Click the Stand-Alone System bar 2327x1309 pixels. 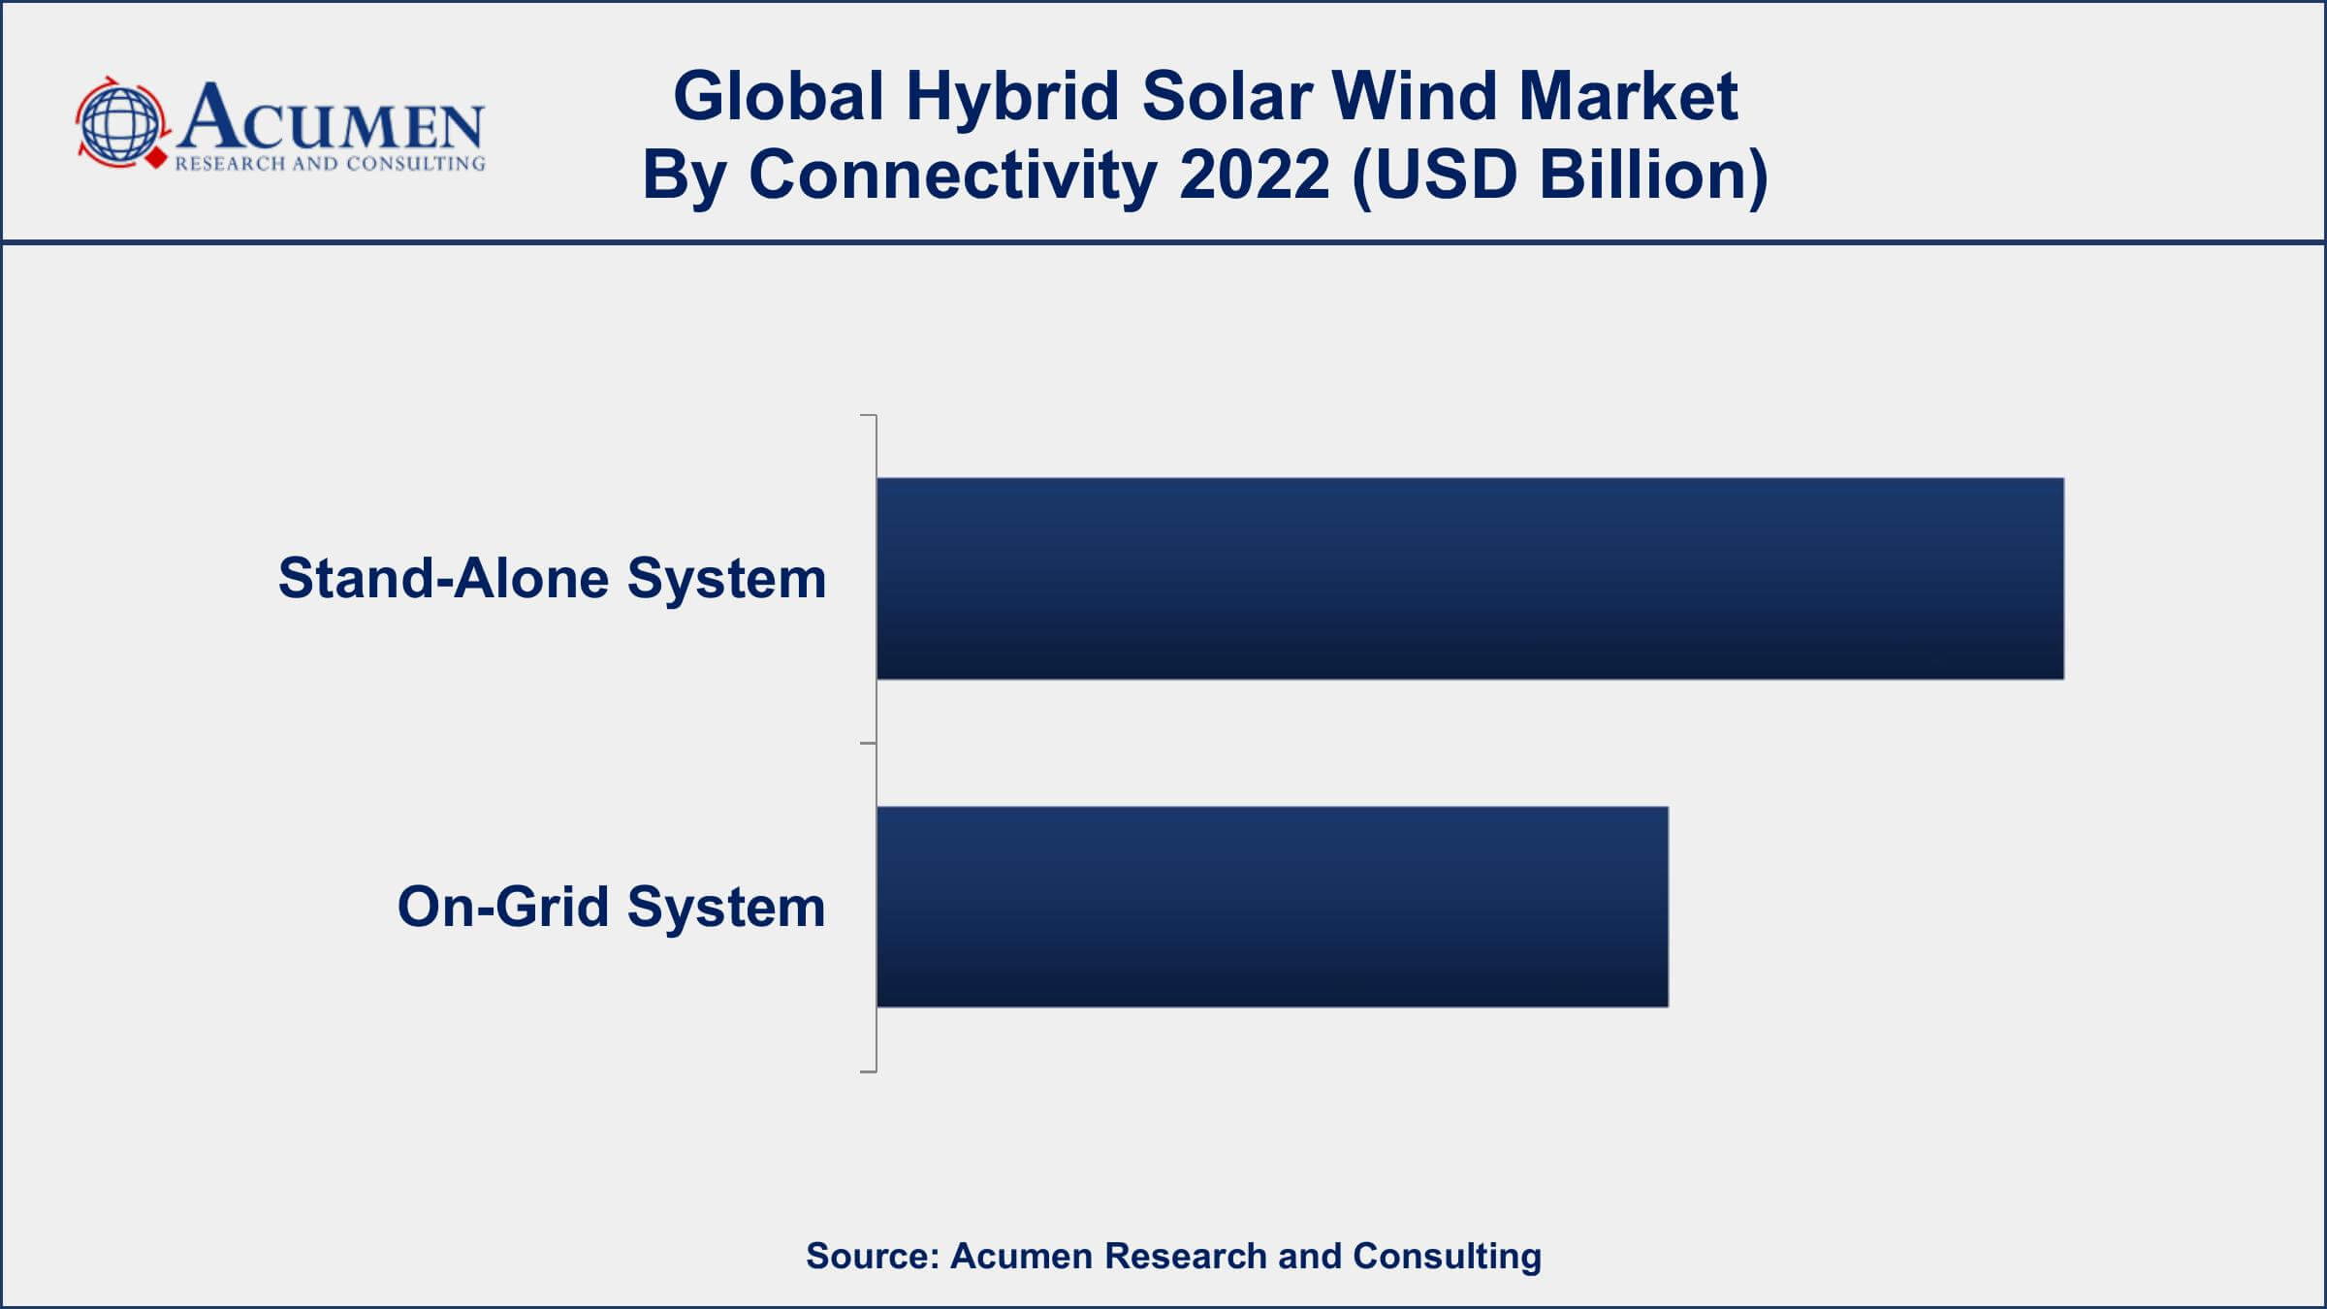pyautogui.click(x=1470, y=578)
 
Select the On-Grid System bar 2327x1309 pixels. pyautogui.click(x=1272, y=907)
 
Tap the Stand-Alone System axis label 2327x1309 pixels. pyautogui.click(x=552, y=579)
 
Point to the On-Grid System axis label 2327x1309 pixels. pyautogui.click(x=611, y=908)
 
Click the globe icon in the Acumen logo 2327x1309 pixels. pyautogui.click(x=121, y=123)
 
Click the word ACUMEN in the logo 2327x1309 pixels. pyautogui.click(x=330, y=117)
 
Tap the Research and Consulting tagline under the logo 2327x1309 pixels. pyautogui.click(x=330, y=164)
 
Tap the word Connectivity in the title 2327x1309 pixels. pyautogui.click(x=952, y=177)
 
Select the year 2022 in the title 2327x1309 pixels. pyautogui.click(x=1255, y=176)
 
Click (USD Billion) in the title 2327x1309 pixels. pyautogui.click(x=1560, y=177)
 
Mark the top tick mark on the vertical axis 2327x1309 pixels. pyautogui.click(x=869, y=416)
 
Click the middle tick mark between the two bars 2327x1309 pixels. pyautogui.click(x=869, y=744)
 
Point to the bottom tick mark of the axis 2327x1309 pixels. pyautogui.click(x=869, y=1071)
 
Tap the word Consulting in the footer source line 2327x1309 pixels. pyautogui.click(x=1448, y=1257)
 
